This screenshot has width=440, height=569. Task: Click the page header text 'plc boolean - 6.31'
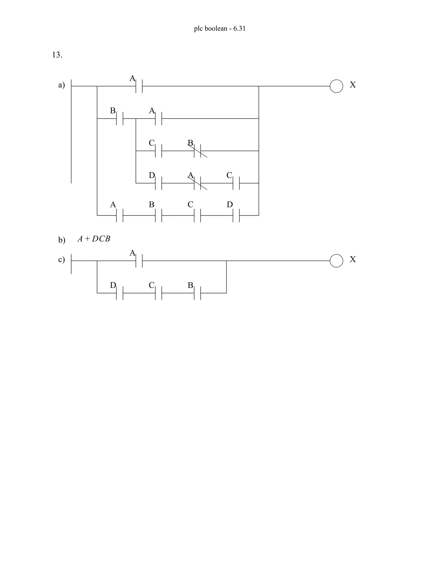click(x=220, y=28)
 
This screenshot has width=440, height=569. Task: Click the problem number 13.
click(x=57, y=55)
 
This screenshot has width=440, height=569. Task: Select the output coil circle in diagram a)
click(x=336, y=86)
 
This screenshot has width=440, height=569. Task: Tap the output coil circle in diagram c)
click(x=336, y=260)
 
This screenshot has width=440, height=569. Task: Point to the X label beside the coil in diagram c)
click(x=353, y=259)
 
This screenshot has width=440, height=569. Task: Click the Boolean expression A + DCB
click(x=94, y=239)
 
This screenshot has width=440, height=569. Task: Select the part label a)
click(x=61, y=85)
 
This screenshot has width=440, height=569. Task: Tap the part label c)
click(x=61, y=260)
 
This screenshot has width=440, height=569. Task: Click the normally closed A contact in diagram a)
click(x=198, y=183)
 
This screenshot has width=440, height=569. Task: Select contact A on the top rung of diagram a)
click(x=139, y=86)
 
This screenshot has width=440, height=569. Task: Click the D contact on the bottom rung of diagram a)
click(x=236, y=215)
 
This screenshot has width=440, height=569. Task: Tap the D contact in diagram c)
click(x=120, y=293)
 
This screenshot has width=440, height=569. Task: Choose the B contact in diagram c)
click(x=198, y=293)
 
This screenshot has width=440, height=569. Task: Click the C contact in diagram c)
click(x=159, y=293)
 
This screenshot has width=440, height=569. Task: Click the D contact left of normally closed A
click(x=159, y=183)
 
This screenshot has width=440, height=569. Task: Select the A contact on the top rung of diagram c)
click(x=139, y=260)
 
